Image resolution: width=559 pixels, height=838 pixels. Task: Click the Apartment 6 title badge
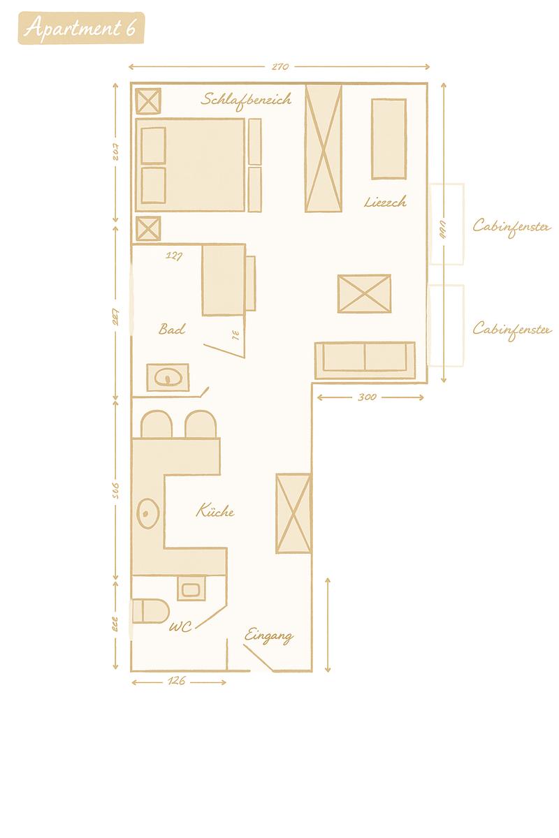click(81, 29)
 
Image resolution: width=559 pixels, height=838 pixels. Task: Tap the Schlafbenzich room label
click(246, 99)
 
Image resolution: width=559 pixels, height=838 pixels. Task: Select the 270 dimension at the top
click(279, 67)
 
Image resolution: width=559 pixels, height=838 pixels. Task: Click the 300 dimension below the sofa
click(368, 397)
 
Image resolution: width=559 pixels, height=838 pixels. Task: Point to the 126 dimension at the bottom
click(177, 682)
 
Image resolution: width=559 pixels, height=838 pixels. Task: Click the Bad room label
click(172, 329)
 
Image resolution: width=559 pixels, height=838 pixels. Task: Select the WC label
click(180, 627)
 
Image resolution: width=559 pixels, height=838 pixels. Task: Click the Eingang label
click(268, 636)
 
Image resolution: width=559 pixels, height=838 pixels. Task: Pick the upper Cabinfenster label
click(511, 226)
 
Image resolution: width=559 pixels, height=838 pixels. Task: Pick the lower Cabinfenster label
click(511, 328)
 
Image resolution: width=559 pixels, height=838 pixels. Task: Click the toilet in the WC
click(150, 610)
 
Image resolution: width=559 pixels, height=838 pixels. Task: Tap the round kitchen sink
click(148, 514)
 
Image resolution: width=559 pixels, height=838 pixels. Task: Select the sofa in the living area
click(365, 360)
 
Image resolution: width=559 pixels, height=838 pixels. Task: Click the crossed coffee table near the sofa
click(364, 294)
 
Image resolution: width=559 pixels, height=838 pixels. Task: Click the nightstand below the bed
click(147, 228)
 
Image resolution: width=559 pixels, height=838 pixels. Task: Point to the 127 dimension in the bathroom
click(174, 256)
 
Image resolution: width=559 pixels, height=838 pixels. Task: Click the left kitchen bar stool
click(157, 425)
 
